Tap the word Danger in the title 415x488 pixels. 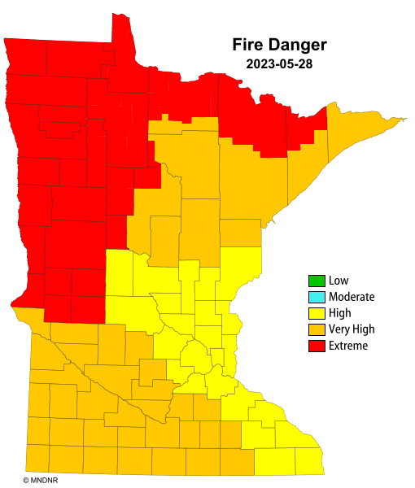coord(298,44)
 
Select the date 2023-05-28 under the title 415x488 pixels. coord(273,63)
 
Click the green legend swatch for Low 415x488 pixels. coord(316,281)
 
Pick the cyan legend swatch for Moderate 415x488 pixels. coord(316,297)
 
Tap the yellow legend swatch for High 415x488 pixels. coord(316,313)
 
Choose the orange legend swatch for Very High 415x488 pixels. coord(316,329)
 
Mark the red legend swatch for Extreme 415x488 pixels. coord(316,346)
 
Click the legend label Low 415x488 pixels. coord(339,281)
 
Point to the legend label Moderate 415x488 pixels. coord(352,297)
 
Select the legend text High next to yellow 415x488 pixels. coord(340,313)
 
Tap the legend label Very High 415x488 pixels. coord(352,329)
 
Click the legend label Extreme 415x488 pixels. coord(348,346)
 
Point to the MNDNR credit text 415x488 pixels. coord(41,481)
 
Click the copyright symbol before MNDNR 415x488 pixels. coord(26,481)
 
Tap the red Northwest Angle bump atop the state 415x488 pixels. coord(121,33)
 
